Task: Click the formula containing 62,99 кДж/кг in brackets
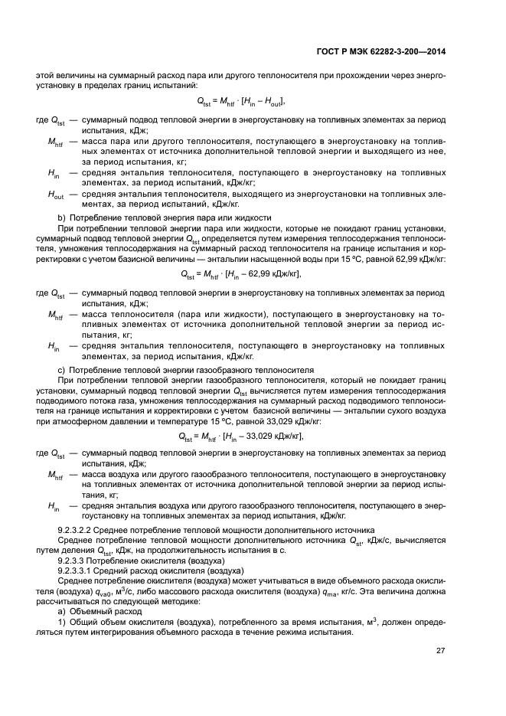(240, 273)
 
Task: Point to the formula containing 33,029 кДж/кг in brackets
(240, 436)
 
